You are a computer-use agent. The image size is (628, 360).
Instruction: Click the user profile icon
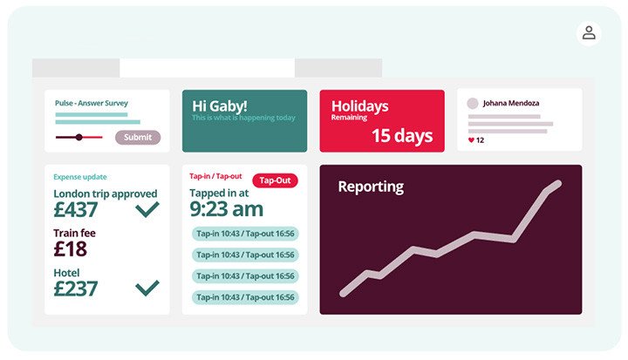[x=589, y=33]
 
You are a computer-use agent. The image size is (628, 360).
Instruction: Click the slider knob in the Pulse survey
[x=79, y=138]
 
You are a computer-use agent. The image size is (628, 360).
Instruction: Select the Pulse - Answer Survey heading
[x=92, y=103]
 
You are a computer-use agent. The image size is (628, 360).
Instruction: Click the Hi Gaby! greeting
[x=220, y=106]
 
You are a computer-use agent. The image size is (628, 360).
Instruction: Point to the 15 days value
[x=402, y=136]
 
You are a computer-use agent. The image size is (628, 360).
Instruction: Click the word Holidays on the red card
[x=359, y=106]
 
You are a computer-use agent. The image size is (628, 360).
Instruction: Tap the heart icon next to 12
[x=471, y=140]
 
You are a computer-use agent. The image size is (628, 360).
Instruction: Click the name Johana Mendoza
[x=510, y=103]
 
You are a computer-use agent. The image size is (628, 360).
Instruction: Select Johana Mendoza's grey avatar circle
[x=473, y=104]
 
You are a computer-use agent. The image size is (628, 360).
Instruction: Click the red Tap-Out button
[x=275, y=180]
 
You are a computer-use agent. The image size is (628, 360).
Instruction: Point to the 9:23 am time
[x=226, y=209]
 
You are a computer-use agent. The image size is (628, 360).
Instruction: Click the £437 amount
[x=76, y=210]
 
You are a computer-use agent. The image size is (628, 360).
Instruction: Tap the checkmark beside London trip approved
[x=147, y=209]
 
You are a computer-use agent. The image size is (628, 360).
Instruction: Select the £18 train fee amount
[x=70, y=249]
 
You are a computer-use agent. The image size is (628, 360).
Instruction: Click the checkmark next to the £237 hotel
[x=147, y=288]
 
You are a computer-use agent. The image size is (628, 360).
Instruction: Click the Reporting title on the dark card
[x=371, y=187]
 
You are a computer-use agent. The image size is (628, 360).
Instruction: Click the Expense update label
[x=80, y=177]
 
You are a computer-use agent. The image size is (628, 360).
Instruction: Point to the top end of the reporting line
[x=558, y=184]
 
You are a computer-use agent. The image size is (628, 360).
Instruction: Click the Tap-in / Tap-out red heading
[x=215, y=176]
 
